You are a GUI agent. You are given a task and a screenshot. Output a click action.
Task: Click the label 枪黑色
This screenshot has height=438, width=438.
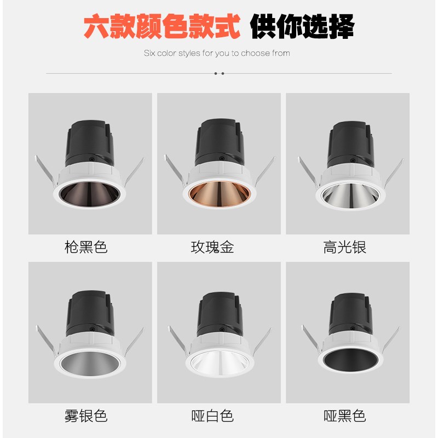(x=86, y=247)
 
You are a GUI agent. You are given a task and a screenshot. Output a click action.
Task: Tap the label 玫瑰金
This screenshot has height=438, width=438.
(x=212, y=247)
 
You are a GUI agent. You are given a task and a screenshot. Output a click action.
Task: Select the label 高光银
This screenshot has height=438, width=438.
(x=344, y=247)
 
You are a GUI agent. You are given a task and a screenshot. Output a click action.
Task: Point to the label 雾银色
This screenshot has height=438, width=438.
(x=86, y=416)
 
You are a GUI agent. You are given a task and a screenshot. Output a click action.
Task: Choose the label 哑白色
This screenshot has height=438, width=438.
(x=212, y=416)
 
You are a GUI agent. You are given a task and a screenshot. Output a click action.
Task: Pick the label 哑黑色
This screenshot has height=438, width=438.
(x=344, y=416)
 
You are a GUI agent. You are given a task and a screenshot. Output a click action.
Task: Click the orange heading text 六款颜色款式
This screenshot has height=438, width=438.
(x=162, y=26)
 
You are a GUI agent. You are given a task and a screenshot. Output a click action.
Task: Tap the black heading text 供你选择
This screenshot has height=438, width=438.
(x=302, y=26)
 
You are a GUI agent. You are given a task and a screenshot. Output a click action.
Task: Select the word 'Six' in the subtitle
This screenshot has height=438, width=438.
(x=149, y=53)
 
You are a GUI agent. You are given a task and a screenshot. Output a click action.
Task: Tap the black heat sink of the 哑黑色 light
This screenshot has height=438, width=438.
(x=348, y=312)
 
